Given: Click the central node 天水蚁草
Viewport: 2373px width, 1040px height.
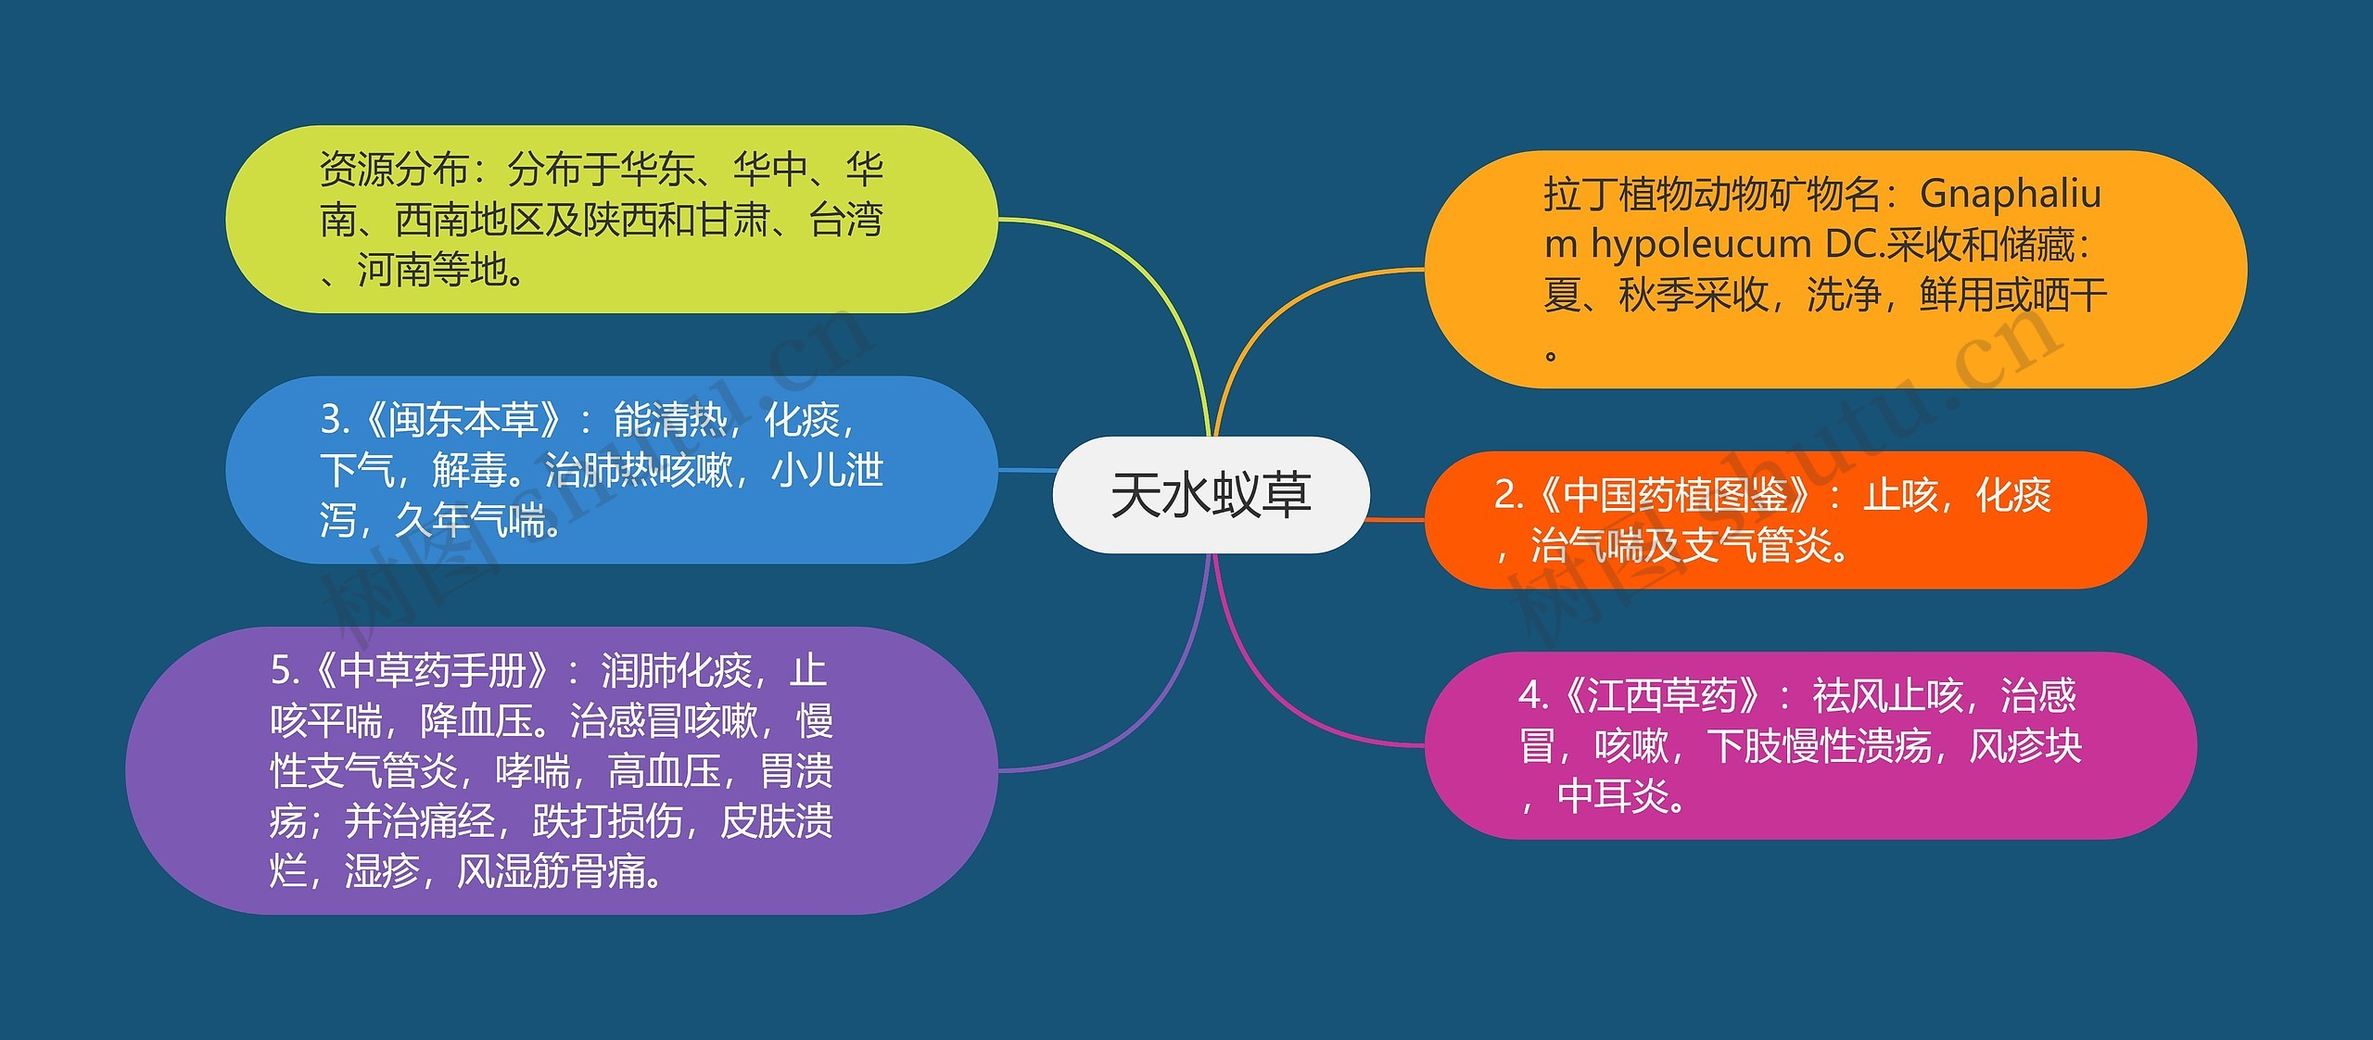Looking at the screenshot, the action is click(1211, 495).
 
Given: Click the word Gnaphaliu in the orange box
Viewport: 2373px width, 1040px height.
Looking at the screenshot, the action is click(2011, 194).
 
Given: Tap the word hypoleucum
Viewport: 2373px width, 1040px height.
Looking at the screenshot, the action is click(1701, 244).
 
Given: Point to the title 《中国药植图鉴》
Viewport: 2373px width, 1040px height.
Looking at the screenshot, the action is click(1674, 495).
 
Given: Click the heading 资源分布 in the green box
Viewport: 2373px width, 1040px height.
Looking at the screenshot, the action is click(394, 169).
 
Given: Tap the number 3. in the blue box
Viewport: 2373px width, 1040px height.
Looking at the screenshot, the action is click(336, 420).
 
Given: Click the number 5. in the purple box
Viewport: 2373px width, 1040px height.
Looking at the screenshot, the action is click(286, 670).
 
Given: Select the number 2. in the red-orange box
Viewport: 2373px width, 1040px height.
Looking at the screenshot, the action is click(1509, 495).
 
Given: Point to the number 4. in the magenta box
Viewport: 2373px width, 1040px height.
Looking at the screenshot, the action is click(1534, 695).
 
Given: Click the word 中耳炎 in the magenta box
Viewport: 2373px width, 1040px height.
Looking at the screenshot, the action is click(1613, 795).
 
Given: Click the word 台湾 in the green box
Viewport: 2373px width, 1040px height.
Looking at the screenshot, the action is click(845, 220).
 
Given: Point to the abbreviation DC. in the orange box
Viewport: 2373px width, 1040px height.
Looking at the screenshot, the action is click(1854, 244).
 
